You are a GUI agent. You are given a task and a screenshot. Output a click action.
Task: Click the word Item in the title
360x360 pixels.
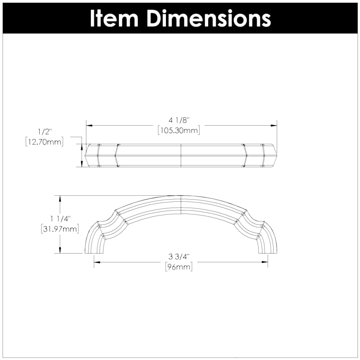tap(115, 18)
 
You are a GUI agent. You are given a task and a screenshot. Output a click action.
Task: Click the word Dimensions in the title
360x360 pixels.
tap(208, 18)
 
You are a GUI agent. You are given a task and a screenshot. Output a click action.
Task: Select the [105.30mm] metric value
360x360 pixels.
tap(178, 130)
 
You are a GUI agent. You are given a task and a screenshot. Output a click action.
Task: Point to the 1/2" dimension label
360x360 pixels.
tap(44, 131)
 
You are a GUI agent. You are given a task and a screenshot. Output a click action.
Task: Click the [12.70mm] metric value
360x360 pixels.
tap(44, 142)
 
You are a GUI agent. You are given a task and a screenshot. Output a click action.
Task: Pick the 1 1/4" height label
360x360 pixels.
tap(60, 219)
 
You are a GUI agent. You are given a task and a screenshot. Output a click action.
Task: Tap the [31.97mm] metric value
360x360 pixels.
tap(60, 229)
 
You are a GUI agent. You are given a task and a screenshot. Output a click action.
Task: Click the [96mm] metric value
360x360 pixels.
tap(178, 267)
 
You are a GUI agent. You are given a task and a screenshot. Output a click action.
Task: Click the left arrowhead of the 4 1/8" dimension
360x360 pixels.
tap(89, 125)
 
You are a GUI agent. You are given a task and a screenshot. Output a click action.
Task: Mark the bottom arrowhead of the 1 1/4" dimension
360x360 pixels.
tap(60, 250)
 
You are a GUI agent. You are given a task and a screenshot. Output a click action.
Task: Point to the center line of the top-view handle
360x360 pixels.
tap(181, 155)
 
